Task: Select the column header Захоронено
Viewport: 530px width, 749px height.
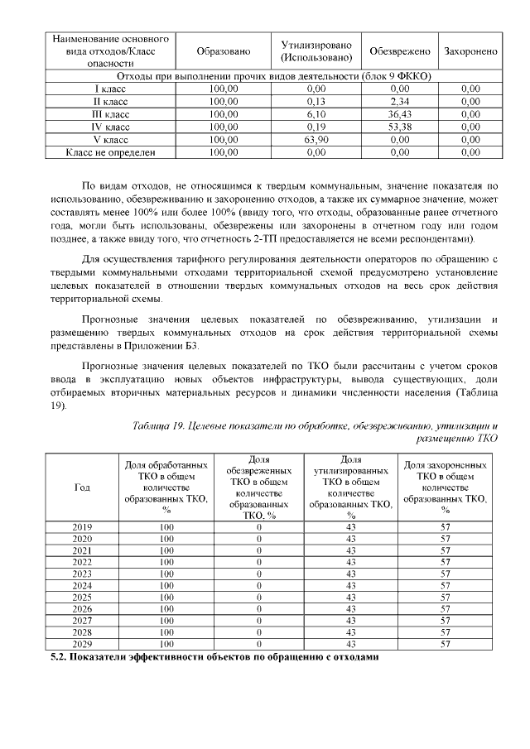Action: pyautogui.click(x=470, y=51)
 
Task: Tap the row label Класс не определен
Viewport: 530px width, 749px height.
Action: pyautogui.click(x=110, y=152)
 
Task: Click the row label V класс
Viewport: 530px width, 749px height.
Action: pyautogui.click(x=110, y=140)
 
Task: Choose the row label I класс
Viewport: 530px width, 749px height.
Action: pyautogui.click(x=110, y=88)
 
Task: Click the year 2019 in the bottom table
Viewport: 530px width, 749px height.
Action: pyautogui.click(x=82, y=527)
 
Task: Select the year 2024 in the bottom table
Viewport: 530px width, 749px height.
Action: pyautogui.click(x=82, y=585)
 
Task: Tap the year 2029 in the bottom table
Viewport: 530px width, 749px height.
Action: pyautogui.click(x=82, y=643)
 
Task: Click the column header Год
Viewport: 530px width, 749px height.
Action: pyautogui.click(x=82, y=487)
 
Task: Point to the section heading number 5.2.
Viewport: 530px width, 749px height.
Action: pyautogui.click(x=59, y=658)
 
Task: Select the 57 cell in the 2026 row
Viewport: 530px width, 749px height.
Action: pyautogui.click(x=446, y=608)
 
